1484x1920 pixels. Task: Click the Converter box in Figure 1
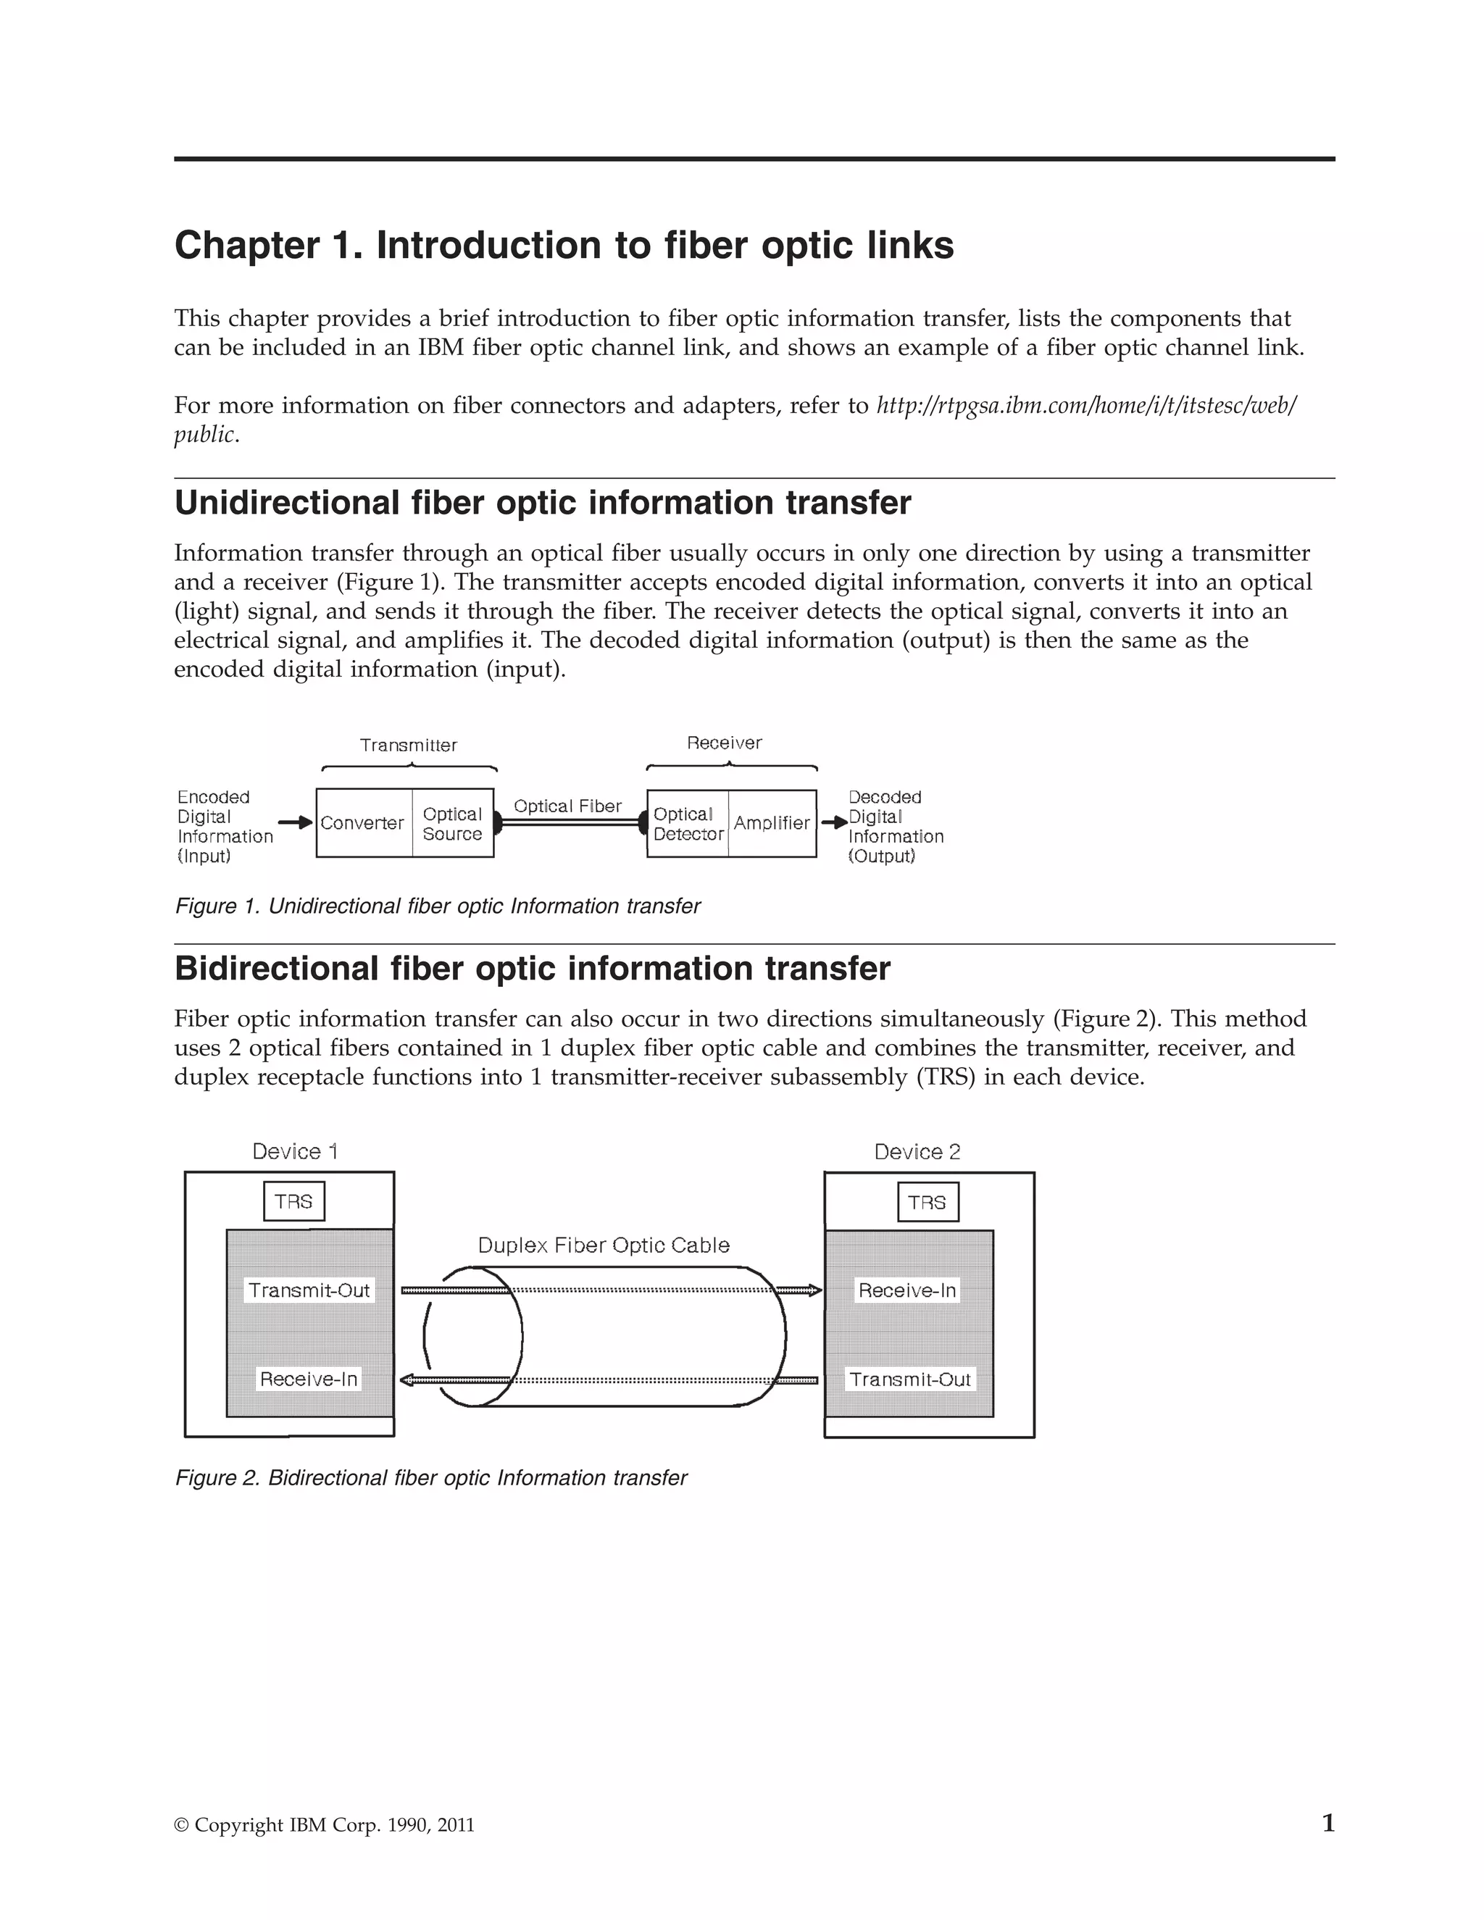(x=363, y=823)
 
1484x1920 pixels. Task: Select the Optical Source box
(x=453, y=824)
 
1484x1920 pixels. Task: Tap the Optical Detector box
(x=688, y=824)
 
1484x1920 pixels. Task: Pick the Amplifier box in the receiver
(x=772, y=823)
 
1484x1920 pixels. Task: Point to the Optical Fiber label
(x=567, y=806)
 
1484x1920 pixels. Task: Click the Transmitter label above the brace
(x=409, y=746)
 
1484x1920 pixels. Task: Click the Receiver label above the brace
(x=725, y=743)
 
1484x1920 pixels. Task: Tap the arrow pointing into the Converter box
(x=296, y=823)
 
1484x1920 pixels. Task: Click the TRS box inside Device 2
(x=927, y=1203)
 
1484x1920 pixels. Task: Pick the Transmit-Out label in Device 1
(x=309, y=1290)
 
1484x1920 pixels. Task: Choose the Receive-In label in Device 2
(x=906, y=1290)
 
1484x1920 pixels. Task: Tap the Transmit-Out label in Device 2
(x=910, y=1380)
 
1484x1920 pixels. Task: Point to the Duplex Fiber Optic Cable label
(x=604, y=1245)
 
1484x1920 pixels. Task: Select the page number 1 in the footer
(x=1328, y=1824)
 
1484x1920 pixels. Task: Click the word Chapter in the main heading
(x=247, y=246)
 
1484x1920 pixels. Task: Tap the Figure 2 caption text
(x=431, y=1478)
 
